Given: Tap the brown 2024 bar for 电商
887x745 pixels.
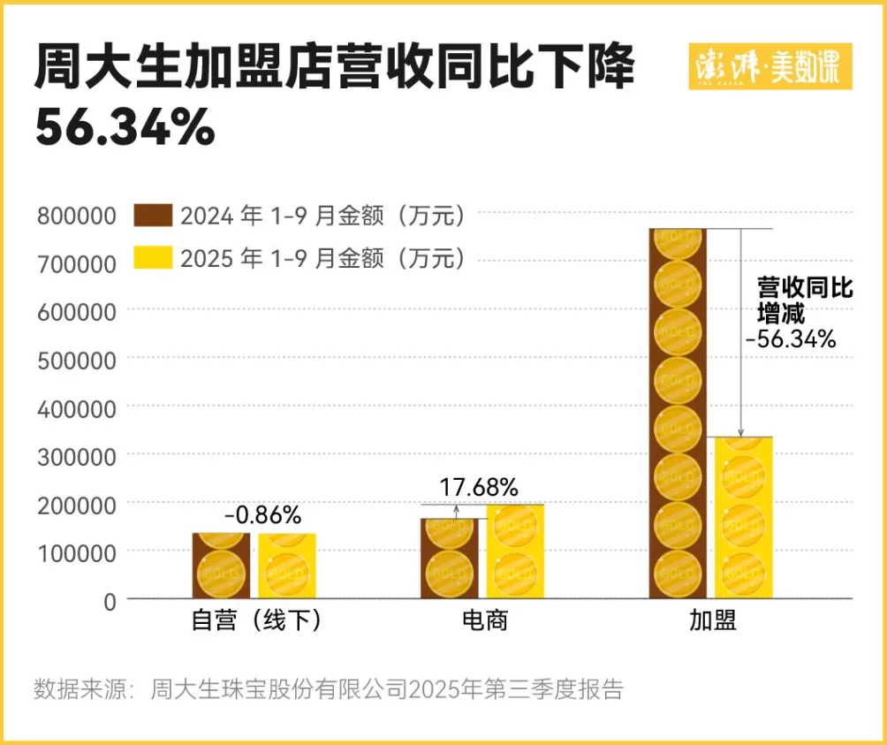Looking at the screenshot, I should click(449, 559).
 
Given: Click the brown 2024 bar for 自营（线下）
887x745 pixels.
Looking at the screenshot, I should click(221, 566).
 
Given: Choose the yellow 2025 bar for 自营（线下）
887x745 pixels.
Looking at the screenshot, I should click(287, 566).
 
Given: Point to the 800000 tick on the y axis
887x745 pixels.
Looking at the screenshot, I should click(77, 216).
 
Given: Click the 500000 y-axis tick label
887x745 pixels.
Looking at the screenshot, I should click(77, 360).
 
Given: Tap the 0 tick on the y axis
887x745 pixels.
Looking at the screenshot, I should click(110, 600).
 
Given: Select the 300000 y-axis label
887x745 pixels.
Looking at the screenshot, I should click(77, 456).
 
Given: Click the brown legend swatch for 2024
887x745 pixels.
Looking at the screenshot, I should click(152, 216).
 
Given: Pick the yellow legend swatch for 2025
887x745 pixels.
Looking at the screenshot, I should click(152, 257).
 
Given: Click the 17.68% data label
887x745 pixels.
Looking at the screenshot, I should click(479, 487).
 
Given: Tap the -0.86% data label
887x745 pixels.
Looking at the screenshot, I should click(262, 514).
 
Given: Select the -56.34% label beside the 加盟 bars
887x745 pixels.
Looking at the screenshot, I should click(791, 338).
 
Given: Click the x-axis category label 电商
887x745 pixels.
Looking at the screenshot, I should click(485, 622).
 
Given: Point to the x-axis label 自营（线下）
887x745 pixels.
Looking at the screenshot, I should click(256, 622).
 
